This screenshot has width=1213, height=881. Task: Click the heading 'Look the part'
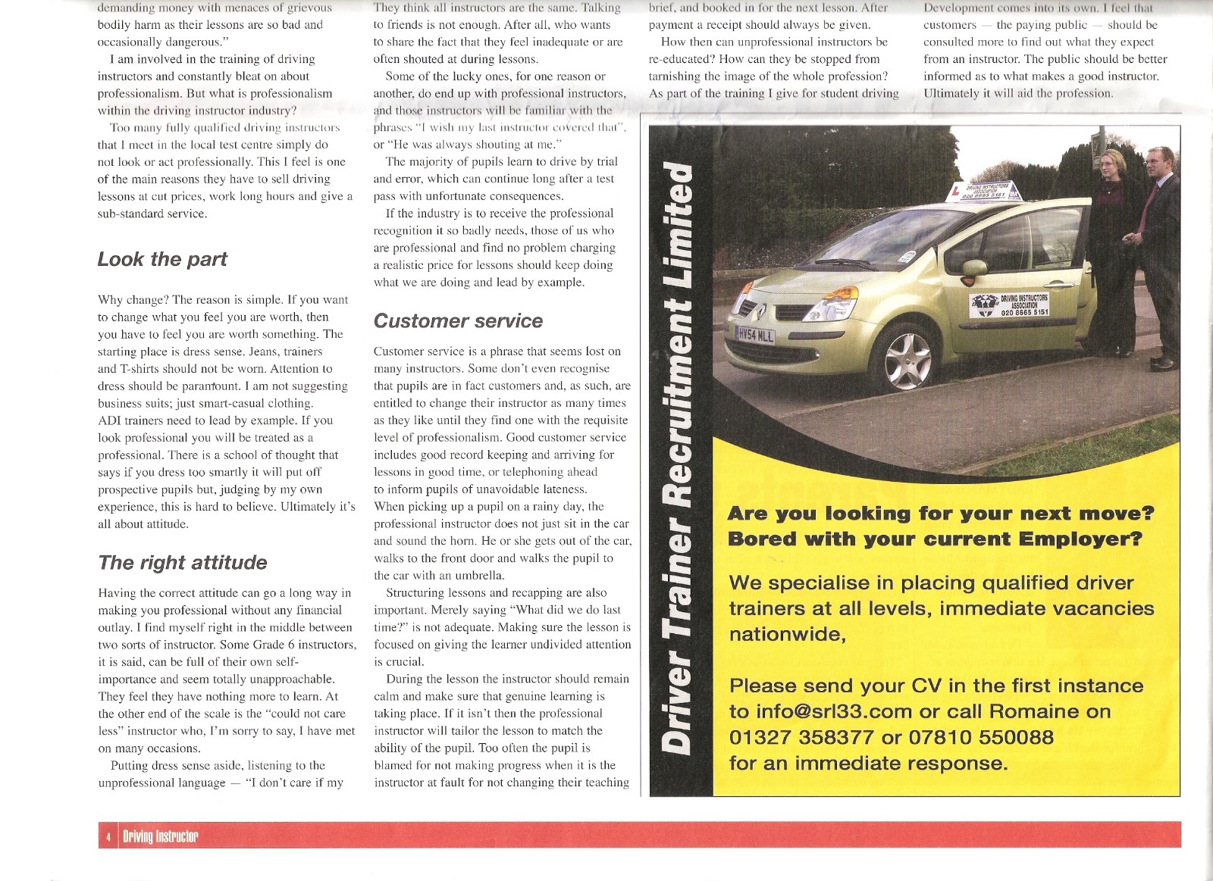(162, 259)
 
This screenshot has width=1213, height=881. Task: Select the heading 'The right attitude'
(183, 562)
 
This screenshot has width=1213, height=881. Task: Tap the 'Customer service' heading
(458, 321)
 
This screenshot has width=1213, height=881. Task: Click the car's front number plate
(754, 335)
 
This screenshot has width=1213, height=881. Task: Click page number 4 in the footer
(108, 836)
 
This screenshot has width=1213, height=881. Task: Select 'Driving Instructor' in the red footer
(160, 836)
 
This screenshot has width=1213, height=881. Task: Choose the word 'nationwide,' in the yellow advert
(787, 633)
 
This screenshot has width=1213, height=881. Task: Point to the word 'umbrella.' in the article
(473, 576)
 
